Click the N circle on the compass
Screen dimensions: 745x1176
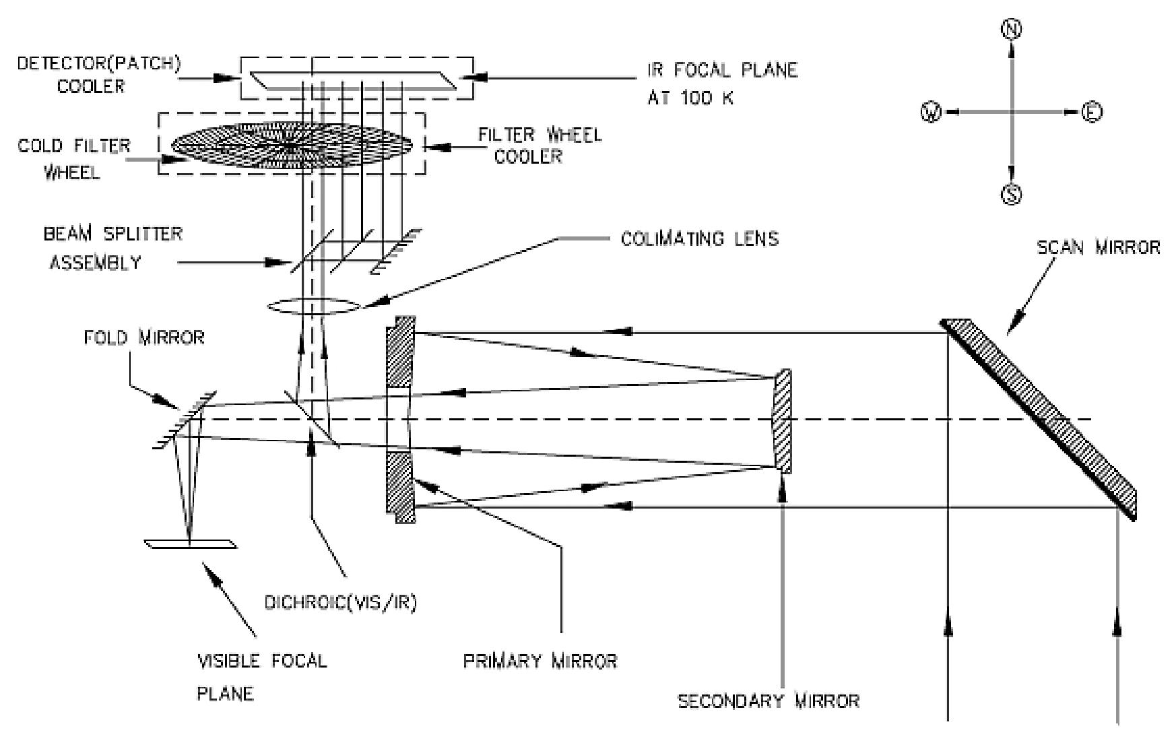click(x=1011, y=29)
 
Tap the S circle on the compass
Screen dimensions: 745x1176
click(x=1011, y=195)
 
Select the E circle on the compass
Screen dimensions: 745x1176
click(x=1092, y=112)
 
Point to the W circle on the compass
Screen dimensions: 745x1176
click(x=931, y=112)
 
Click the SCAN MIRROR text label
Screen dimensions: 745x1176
click(x=1098, y=248)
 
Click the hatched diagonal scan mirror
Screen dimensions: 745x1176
click(x=1041, y=418)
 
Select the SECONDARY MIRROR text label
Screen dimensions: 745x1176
click(x=768, y=701)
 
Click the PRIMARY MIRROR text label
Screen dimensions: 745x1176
click(x=540, y=661)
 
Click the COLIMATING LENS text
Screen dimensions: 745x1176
click(x=699, y=238)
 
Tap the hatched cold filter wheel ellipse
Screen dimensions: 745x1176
click(x=291, y=143)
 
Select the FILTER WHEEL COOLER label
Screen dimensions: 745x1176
click(x=539, y=145)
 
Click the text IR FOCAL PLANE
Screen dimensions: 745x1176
click(x=722, y=70)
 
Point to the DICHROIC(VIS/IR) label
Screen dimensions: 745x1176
click(x=341, y=603)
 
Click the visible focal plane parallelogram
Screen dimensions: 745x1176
click(x=191, y=544)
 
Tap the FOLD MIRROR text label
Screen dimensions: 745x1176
click(x=144, y=337)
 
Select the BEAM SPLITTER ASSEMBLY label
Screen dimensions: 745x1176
click(x=112, y=248)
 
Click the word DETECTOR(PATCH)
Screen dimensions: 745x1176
click(x=99, y=63)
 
